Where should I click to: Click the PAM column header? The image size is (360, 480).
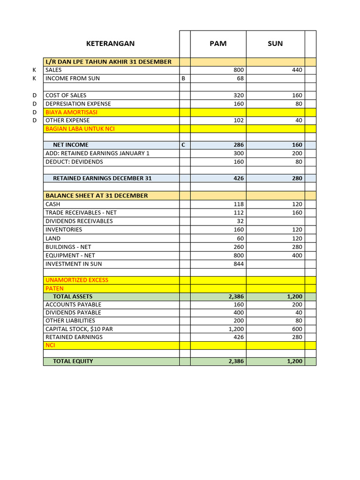[x=218, y=44]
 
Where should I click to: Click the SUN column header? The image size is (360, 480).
[x=275, y=44]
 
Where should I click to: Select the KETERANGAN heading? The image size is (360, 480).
[x=110, y=44]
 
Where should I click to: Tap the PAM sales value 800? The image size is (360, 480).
[x=239, y=70]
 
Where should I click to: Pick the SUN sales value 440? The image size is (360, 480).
[x=297, y=70]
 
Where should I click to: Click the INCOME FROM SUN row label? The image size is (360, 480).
[x=73, y=78]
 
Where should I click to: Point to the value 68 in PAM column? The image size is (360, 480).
[x=240, y=78]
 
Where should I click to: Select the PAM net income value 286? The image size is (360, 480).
[x=239, y=145]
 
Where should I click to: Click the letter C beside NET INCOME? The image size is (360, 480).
[x=183, y=145]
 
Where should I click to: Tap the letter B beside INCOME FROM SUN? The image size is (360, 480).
[x=183, y=78]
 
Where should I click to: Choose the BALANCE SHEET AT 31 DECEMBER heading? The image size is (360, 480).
[x=97, y=195]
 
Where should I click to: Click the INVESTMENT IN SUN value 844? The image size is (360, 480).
[x=239, y=264]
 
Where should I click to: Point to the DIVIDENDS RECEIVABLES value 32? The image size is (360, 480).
[x=240, y=221]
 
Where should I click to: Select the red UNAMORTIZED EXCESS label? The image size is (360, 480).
[x=77, y=280]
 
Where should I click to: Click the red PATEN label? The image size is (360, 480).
[x=54, y=288]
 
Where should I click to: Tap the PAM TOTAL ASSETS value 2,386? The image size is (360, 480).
[x=236, y=297]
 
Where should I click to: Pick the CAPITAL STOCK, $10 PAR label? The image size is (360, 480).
[x=79, y=329]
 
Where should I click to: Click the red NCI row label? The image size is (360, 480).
[x=51, y=345]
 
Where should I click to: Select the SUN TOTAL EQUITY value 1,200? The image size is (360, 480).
[x=295, y=361]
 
